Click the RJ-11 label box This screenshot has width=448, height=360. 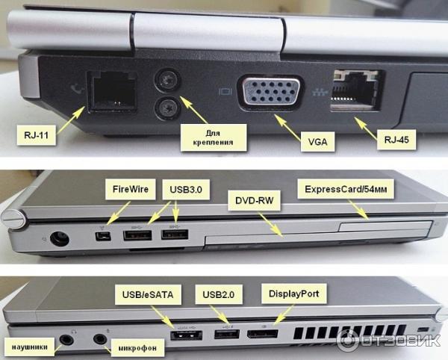[x=37, y=134]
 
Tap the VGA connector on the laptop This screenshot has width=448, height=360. [x=270, y=92]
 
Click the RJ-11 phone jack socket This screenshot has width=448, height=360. [x=113, y=91]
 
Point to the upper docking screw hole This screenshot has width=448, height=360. [x=167, y=80]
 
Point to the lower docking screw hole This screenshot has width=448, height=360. [x=167, y=108]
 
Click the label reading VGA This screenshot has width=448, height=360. [x=317, y=141]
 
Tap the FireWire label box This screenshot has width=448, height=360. [x=130, y=189]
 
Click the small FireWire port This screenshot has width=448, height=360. [x=103, y=237]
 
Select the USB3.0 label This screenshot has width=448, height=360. [x=186, y=190]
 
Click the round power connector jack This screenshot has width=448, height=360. [x=60, y=238]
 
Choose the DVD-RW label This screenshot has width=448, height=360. [x=255, y=200]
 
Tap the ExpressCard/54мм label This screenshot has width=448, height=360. [x=346, y=189]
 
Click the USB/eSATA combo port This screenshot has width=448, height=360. [x=186, y=335]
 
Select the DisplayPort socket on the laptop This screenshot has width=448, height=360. [x=263, y=334]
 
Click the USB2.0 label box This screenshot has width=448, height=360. [x=219, y=294]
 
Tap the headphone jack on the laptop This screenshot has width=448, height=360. [x=66, y=339]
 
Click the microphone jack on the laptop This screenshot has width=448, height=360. [x=100, y=339]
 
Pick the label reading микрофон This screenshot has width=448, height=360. [x=137, y=348]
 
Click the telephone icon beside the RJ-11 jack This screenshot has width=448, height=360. [x=77, y=89]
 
